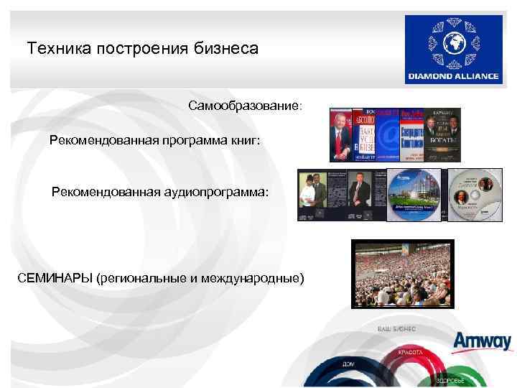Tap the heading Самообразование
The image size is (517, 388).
coord(245,106)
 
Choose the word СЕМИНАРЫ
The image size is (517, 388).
coord(55,278)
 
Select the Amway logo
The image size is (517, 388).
coord(483,341)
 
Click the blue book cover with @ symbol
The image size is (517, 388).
coord(388,135)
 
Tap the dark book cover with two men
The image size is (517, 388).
coord(442,135)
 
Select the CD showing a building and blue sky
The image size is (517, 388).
coord(412,195)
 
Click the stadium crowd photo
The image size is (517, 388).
coord(403,274)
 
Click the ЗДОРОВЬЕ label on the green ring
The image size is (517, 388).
coord(452,379)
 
